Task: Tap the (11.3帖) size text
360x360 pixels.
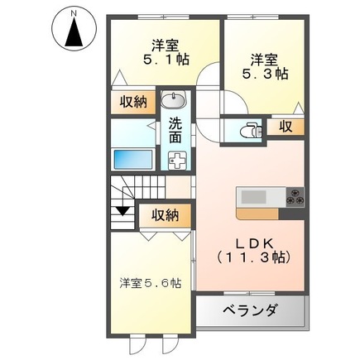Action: [x=254, y=258]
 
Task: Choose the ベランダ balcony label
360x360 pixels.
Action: [x=250, y=312]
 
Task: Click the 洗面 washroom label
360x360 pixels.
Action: [x=175, y=131]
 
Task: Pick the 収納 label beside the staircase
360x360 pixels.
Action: [x=166, y=214]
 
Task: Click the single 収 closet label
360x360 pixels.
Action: [x=286, y=127]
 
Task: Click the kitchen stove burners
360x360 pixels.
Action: [x=296, y=198]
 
